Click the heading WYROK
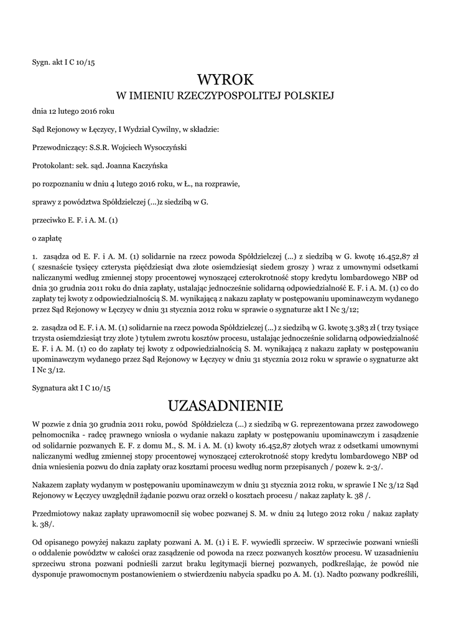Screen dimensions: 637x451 [225, 80]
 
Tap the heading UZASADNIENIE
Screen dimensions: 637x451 [225, 406]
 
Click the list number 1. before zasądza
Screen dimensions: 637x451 [35, 256]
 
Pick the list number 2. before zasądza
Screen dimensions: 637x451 [35, 328]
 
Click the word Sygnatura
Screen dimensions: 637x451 [50, 388]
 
